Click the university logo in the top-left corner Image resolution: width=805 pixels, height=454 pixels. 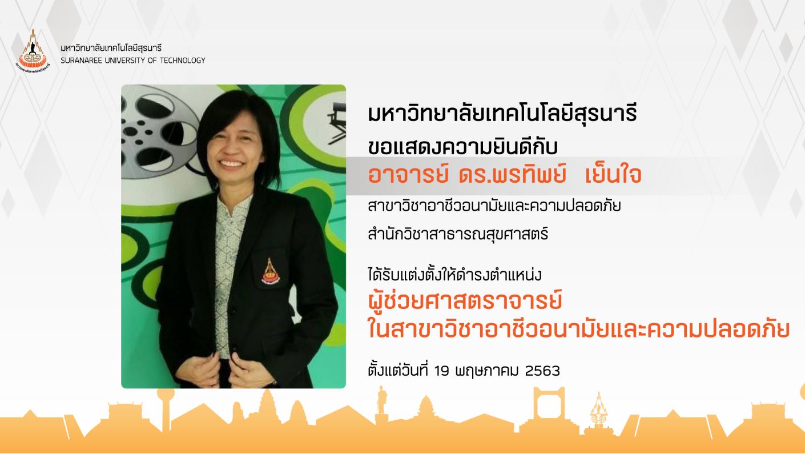tap(33, 51)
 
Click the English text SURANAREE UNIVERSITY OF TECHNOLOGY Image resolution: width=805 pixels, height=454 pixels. tap(133, 61)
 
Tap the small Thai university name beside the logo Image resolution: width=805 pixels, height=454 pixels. tap(111, 48)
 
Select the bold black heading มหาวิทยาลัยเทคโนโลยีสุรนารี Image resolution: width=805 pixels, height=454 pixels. tap(502, 113)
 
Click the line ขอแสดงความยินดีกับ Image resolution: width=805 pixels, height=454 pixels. tap(463, 146)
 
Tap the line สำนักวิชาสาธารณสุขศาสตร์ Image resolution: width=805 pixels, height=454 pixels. tap(458, 234)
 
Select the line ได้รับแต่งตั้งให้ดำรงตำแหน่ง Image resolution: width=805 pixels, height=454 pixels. tap(454, 275)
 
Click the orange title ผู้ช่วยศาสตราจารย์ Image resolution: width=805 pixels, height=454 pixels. tap(465, 301)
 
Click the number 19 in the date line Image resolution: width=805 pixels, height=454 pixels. tap(442, 371)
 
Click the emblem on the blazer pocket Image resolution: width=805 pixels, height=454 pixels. tap(270, 272)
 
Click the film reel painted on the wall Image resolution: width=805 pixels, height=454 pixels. tap(160, 130)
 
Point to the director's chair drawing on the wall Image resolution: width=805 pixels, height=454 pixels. tap(336, 123)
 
